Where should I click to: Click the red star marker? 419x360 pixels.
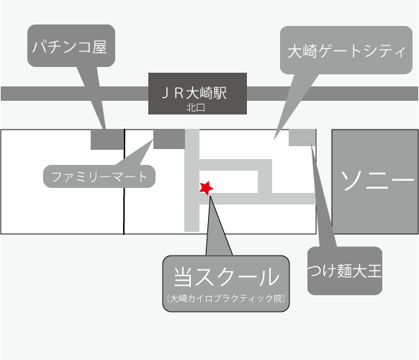pyautogui.click(x=206, y=188)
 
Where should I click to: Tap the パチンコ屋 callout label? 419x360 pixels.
pyautogui.click(x=70, y=47)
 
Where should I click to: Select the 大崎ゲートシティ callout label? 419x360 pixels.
pyautogui.click(x=346, y=51)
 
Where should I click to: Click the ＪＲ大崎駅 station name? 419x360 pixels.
pyautogui.click(x=194, y=93)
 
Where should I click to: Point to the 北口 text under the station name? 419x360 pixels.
pyautogui.click(x=196, y=107)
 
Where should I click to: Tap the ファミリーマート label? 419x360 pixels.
pyautogui.click(x=99, y=176)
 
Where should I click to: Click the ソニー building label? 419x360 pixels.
pyautogui.click(x=377, y=180)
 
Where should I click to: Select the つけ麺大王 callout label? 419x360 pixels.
pyautogui.click(x=345, y=270)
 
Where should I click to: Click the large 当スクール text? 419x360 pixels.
pyautogui.click(x=226, y=276)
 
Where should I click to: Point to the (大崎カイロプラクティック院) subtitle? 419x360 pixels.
pyautogui.click(x=226, y=298)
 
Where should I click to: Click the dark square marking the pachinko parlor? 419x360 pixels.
pyautogui.click(x=107, y=140)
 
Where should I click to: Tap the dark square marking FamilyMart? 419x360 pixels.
pyautogui.click(x=169, y=139)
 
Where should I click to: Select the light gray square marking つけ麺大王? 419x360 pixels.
pyautogui.click(x=302, y=138)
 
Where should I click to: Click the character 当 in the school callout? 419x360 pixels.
pyautogui.click(x=183, y=276)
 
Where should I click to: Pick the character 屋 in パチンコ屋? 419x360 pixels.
pyautogui.click(x=99, y=48)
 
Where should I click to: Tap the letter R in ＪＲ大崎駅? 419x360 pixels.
pyautogui.click(x=179, y=93)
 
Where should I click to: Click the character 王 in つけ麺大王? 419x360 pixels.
pyautogui.click(x=374, y=270)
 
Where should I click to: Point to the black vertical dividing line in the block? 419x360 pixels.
pyautogui.click(x=124, y=181)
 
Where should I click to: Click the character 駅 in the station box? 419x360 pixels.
pyautogui.click(x=220, y=93)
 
